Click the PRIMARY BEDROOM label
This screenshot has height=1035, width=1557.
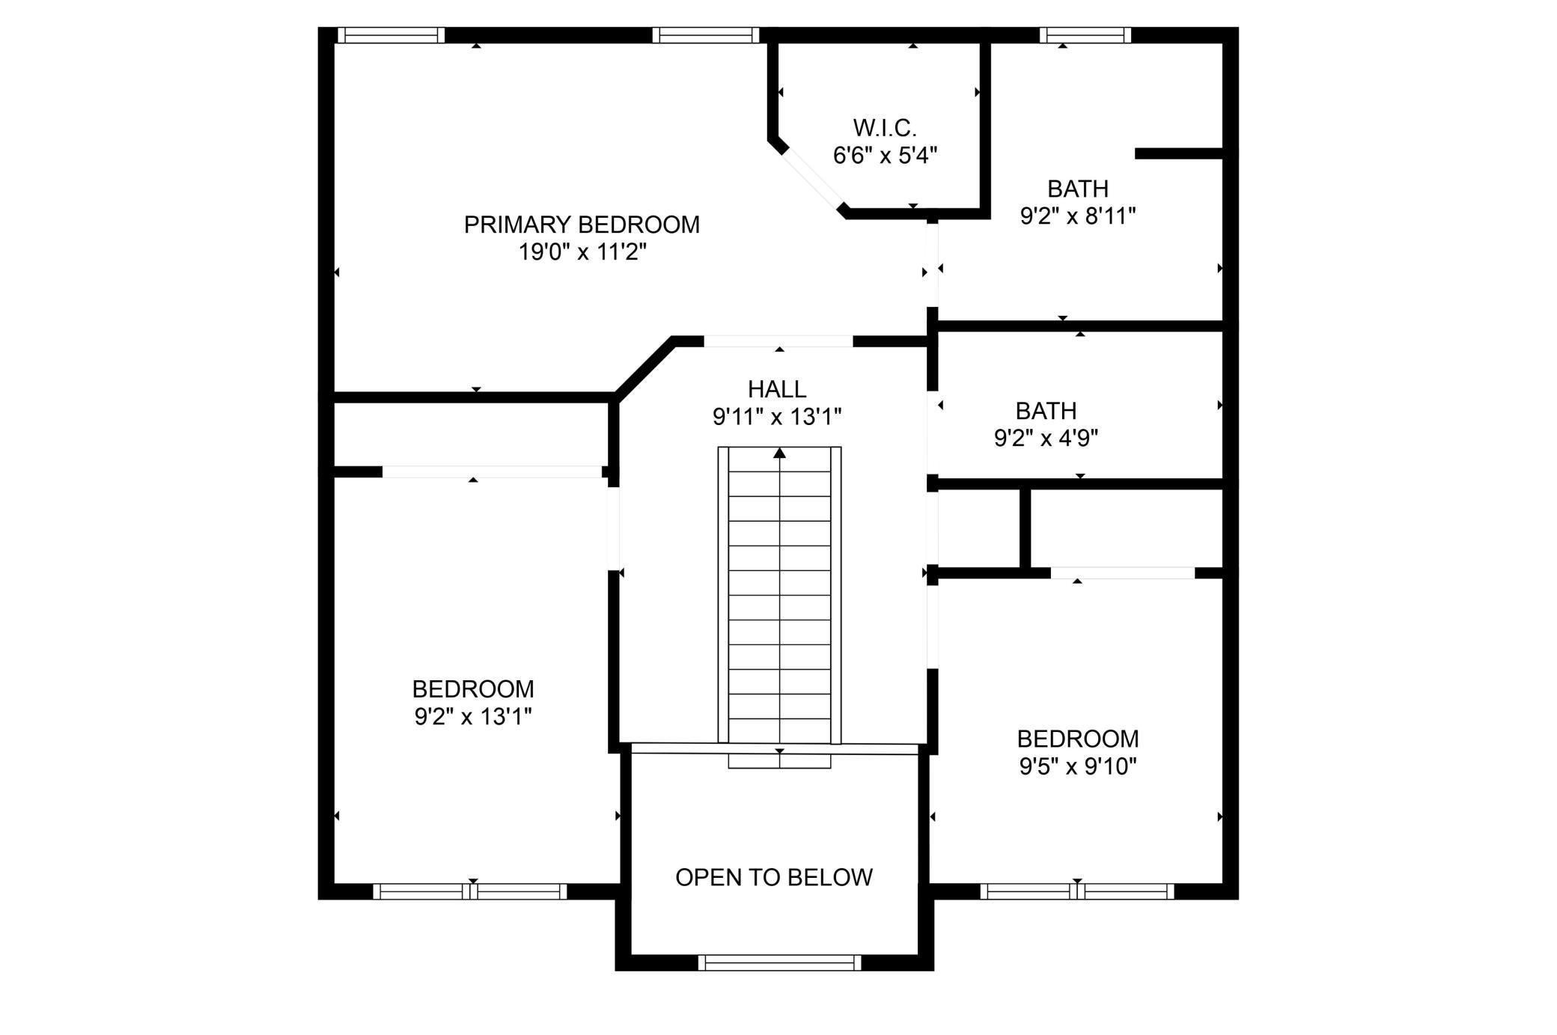[x=582, y=225]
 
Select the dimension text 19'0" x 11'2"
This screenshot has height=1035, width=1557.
[x=582, y=252]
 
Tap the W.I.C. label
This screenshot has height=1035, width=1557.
[x=885, y=128]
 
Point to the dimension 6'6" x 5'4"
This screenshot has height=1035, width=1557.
[x=885, y=156]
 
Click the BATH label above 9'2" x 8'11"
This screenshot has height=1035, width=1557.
[x=1078, y=189]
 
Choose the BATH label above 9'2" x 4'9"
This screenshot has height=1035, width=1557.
[x=1046, y=411]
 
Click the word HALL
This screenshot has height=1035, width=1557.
[x=777, y=389]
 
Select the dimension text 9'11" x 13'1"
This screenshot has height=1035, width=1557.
[x=777, y=417]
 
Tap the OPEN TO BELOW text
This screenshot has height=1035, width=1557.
[x=774, y=877]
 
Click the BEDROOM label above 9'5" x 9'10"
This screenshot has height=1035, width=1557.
[x=1078, y=739]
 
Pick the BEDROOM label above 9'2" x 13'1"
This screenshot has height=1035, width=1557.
[x=473, y=689]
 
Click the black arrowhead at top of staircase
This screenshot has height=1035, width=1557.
[x=780, y=453]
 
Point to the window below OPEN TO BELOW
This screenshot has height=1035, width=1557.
[x=779, y=962]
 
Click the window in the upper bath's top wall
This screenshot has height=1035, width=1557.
[x=1085, y=34]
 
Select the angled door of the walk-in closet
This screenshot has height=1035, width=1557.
[x=812, y=177]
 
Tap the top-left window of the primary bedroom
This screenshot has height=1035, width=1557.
[x=391, y=34]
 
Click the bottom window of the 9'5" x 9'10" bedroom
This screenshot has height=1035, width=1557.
[x=1077, y=891]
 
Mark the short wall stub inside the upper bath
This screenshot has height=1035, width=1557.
[x=1178, y=153]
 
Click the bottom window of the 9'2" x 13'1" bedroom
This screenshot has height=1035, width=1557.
[x=470, y=891]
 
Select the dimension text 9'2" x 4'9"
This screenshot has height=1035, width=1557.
[x=1046, y=438]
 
